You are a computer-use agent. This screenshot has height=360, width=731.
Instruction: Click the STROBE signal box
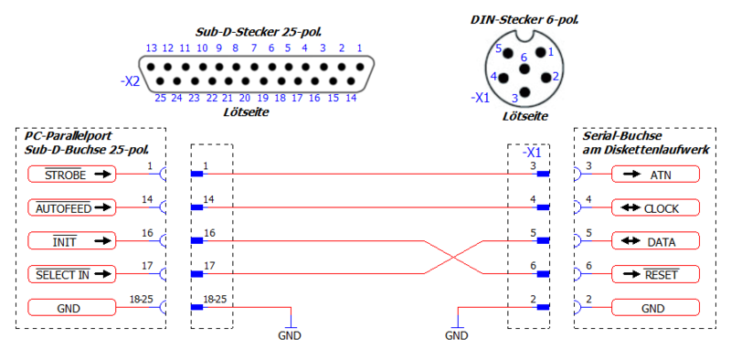72,174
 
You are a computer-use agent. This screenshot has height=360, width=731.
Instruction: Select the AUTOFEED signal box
72,207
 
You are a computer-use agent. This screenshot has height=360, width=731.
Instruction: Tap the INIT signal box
72,241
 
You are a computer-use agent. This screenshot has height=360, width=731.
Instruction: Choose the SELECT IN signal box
72,274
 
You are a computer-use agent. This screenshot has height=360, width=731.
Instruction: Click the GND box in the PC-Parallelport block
72,308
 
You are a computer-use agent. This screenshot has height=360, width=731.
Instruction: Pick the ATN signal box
655,174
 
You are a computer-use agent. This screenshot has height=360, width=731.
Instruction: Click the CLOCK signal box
655,207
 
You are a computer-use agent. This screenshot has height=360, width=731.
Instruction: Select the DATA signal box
655,241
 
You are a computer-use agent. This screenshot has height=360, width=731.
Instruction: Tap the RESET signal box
655,274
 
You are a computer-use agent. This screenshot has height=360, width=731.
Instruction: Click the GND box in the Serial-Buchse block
655,308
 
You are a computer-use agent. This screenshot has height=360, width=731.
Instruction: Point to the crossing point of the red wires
453,258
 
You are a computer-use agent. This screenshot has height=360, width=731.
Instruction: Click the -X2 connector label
130,81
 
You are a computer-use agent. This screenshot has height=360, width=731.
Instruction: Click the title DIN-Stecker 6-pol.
524,19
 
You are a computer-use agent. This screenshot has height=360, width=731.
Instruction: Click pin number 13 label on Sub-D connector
152,48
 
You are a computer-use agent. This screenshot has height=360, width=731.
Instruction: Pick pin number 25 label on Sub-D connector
160,98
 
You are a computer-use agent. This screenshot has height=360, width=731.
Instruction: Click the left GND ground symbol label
289,335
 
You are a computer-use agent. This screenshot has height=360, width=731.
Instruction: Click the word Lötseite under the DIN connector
525,116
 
